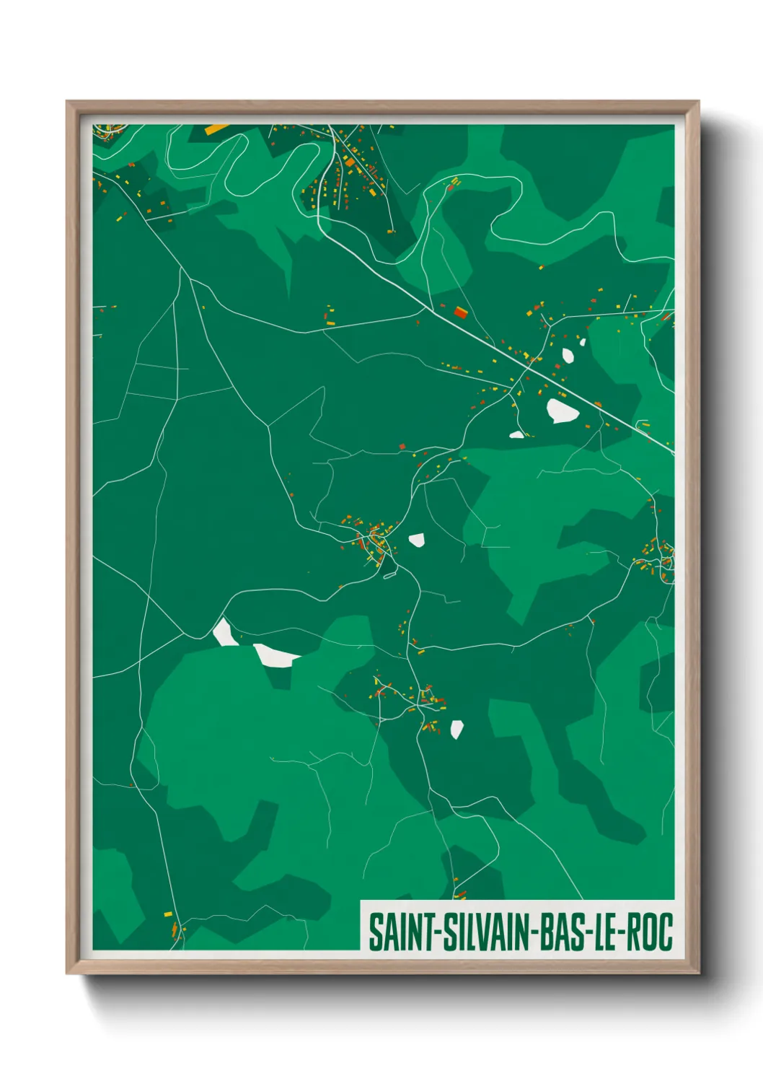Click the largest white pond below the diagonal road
(562, 411)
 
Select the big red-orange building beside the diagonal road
(460, 312)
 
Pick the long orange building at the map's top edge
(216, 129)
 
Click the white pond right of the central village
(416, 539)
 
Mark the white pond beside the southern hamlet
(457, 729)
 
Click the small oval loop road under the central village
(391, 575)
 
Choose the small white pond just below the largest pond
(516, 434)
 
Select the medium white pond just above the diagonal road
(568, 355)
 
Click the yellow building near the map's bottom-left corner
(168, 914)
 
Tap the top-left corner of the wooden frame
(67, 102)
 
